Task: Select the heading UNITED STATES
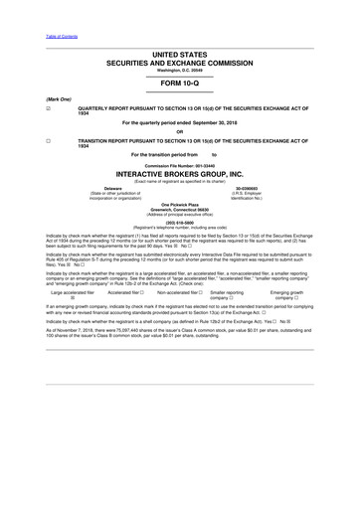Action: [179, 53]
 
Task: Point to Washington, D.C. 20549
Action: [179, 68]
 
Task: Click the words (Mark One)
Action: [61, 98]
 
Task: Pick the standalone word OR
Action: [179, 131]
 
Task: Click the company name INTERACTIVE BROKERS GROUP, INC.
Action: [179, 172]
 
